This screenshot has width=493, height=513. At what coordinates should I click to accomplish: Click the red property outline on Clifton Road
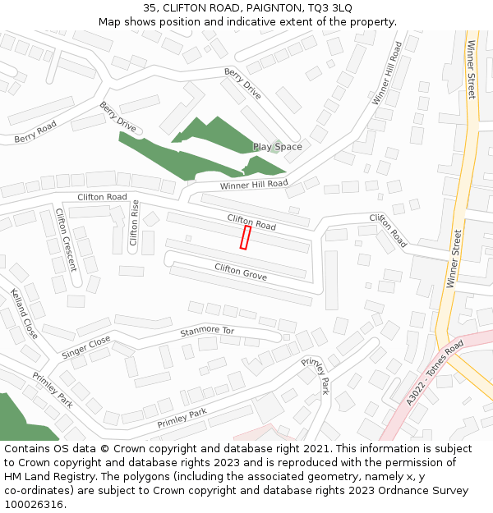tap(244, 237)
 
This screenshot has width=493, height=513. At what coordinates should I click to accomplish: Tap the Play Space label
tap(277, 147)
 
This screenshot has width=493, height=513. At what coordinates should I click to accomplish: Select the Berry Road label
tap(35, 132)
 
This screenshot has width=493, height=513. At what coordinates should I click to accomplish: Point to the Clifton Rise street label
tap(134, 223)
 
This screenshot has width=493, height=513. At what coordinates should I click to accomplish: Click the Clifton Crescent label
tap(66, 240)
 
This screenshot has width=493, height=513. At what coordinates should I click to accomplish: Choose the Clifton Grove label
tap(241, 272)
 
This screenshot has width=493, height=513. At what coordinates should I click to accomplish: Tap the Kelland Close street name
tap(24, 313)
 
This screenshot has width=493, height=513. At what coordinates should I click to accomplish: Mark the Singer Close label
tap(85, 346)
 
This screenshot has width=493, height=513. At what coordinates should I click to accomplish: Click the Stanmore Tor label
tap(207, 332)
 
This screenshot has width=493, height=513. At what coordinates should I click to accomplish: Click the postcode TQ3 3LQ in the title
tap(330, 7)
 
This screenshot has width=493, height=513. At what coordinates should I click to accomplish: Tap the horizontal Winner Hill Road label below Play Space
tap(254, 184)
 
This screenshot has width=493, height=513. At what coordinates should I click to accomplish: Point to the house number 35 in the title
tap(150, 7)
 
